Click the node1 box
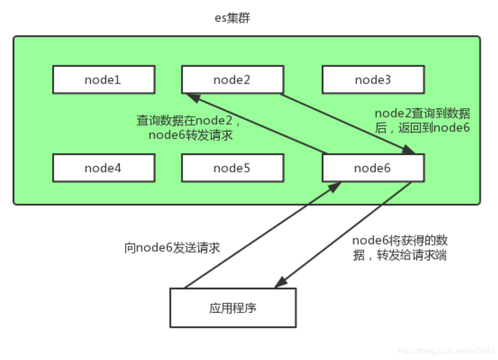[104, 80]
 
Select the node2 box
[232, 80]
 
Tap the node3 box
[373, 80]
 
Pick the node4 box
[104, 168]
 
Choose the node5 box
[232, 168]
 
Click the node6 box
[373, 168]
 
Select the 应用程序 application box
[233, 308]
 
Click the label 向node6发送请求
[172, 248]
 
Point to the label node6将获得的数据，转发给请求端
[399, 248]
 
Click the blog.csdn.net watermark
[446, 351]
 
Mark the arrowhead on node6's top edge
[409, 150]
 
